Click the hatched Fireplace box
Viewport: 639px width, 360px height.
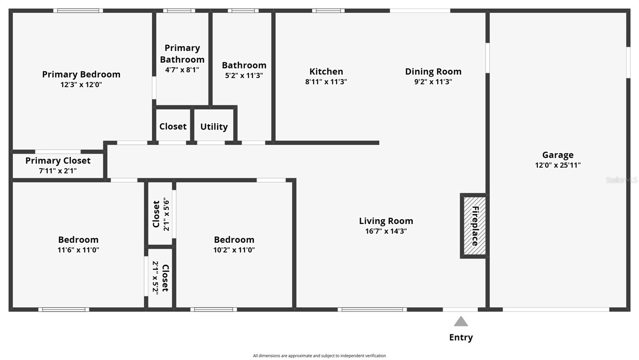pos(474,226)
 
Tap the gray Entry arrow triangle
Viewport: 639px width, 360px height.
pos(461,322)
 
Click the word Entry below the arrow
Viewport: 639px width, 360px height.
pos(461,337)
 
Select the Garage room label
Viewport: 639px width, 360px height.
pos(558,155)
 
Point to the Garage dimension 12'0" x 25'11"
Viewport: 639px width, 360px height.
pos(558,165)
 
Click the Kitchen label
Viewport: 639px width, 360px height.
pos(326,72)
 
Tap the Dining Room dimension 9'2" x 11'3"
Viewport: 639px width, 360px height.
pos(433,82)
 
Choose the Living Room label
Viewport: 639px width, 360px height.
pos(386,221)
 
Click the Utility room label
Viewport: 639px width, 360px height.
pos(214,127)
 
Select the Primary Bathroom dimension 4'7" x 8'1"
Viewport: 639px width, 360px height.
pos(182,70)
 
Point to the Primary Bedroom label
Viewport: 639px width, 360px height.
pos(81,74)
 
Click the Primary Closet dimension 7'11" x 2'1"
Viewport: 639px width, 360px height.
pos(58,171)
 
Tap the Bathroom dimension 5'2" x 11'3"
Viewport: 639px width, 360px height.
pos(244,76)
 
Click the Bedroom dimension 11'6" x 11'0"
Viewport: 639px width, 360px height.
pos(78,250)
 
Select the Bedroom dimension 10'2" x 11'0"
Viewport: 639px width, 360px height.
pos(234,250)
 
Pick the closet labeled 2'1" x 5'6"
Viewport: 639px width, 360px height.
pos(161,214)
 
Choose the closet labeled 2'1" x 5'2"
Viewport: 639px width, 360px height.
pos(161,278)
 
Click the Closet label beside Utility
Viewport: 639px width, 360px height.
pos(173,127)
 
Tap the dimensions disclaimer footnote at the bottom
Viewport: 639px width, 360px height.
pos(319,356)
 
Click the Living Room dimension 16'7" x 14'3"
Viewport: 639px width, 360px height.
pos(386,231)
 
